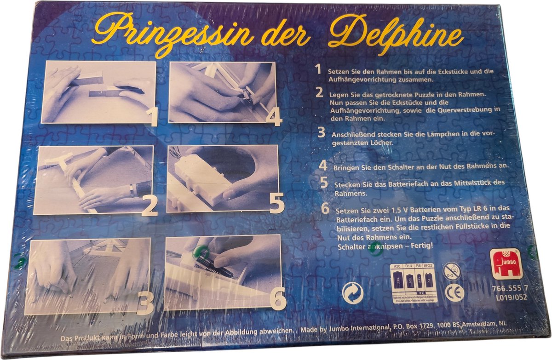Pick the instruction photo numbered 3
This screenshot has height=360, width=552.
pyautogui.click(x=87, y=276)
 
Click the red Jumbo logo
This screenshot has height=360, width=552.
pyautogui.click(x=507, y=263)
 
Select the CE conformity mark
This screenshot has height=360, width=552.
pyautogui.click(x=454, y=293)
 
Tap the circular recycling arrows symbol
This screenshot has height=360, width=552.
pyautogui.click(x=353, y=292)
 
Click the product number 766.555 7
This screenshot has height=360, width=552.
pyautogui.click(x=509, y=288)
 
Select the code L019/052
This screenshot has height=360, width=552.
pyautogui.click(x=509, y=297)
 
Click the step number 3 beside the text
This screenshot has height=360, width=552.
pyautogui.click(x=321, y=133)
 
